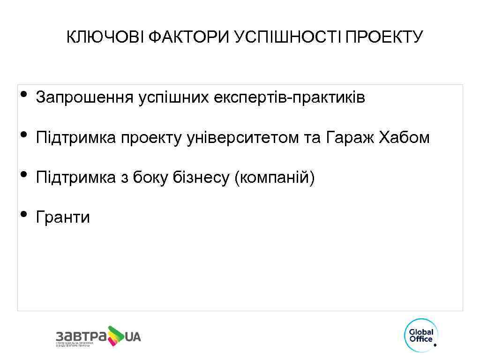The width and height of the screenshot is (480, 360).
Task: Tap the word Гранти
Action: click(x=63, y=217)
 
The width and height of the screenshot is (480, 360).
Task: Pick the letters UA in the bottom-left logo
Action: click(x=133, y=337)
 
